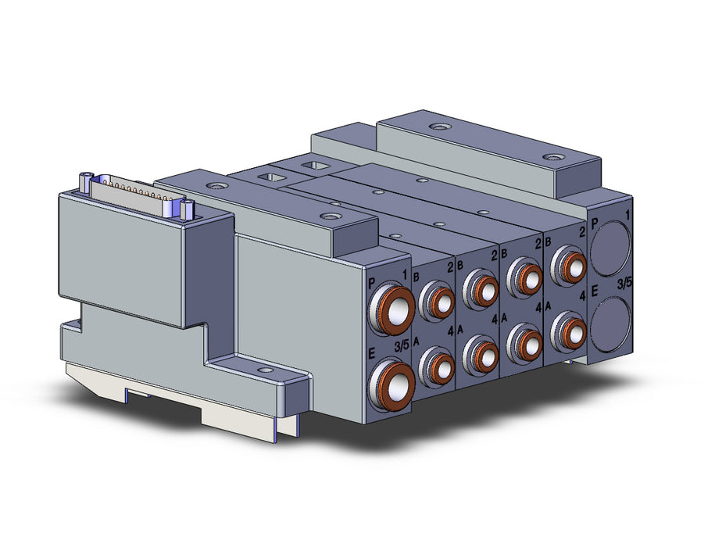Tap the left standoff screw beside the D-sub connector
tap(85, 181)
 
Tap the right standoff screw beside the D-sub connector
tap(188, 209)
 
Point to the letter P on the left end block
tap(372, 284)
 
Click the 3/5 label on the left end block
tap(402, 346)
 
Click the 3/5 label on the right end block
tap(624, 284)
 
